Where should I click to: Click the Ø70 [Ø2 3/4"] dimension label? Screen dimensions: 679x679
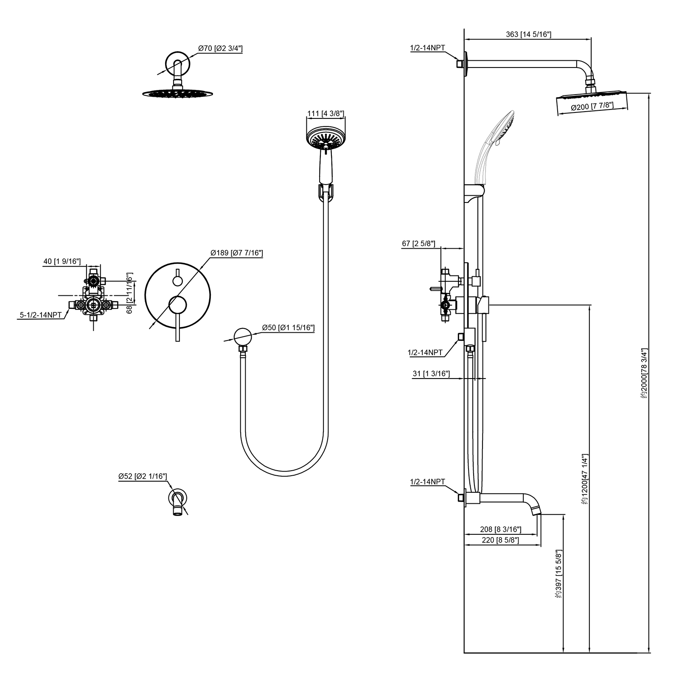pyautogui.click(x=220, y=48)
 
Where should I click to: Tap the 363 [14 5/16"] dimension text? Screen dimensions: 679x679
pyautogui.click(x=528, y=34)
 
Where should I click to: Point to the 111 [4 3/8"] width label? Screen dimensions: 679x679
pyautogui.click(x=325, y=113)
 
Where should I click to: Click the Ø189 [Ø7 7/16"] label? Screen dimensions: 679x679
pyautogui.click(x=237, y=253)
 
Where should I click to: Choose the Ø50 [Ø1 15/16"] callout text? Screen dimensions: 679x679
pyautogui.click(x=288, y=327)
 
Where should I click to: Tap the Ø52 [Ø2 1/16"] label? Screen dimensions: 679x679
pyautogui.click(x=143, y=477)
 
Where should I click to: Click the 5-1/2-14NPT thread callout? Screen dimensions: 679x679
pyautogui.click(x=40, y=314)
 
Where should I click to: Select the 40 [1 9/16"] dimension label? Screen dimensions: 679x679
pyautogui.click(x=62, y=261)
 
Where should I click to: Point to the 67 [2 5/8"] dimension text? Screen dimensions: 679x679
pyautogui.click(x=418, y=244)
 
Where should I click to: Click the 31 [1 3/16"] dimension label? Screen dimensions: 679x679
pyautogui.click(x=431, y=373)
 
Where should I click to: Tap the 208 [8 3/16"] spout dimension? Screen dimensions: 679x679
pyautogui.click(x=500, y=529)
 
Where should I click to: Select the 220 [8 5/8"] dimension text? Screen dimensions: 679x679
pyautogui.click(x=500, y=540)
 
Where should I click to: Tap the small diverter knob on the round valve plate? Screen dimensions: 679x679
pyautogui.click(x=177, y=280)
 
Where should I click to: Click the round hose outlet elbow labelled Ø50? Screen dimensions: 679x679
pyautogui.click(x=243, y=337)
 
